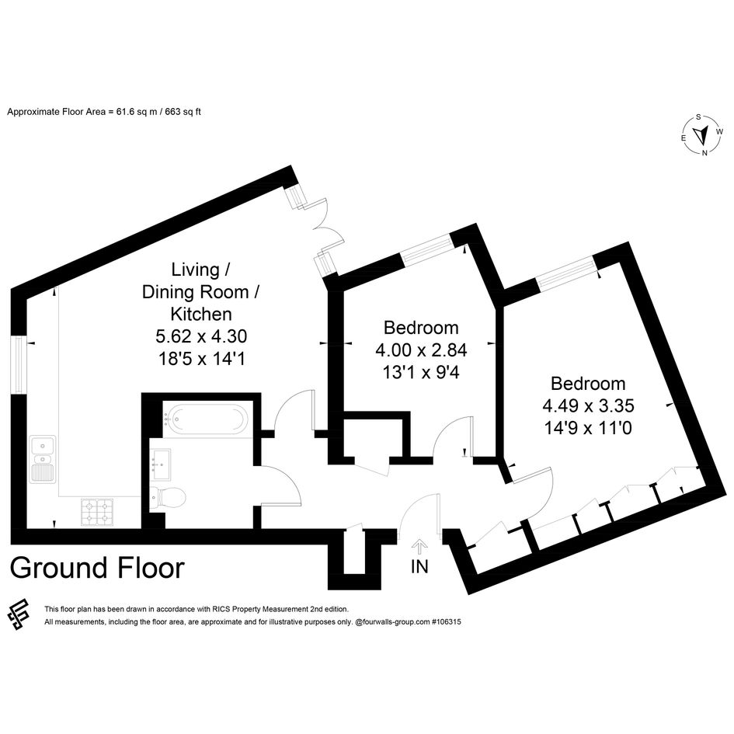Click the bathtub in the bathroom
pyautogui.click(x=206, y=419)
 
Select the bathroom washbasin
pyautogui.click(x=160, y=464)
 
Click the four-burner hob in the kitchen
pyautogui.click(x=97, y=512)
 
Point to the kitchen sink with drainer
pyautogui.click(x=43, y=459)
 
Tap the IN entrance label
pyautogui.click(x=419, y=567)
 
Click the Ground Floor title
pyautogui.click(x=97, y=568)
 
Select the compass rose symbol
pyautogui.click(x=701, y=135)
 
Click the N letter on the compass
pyautogui.click(x=704, y=152)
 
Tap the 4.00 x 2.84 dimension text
pyautogui.click(x=421, y=350)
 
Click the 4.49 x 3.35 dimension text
pyautogui.click(x=588, y=406)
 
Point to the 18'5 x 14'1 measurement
pyautogui.click(x=201, y=359)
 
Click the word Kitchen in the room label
pyautogui.click(x=201, y=314)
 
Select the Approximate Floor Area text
pyautogui.click(x=104, y=112)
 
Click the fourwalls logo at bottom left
pyautogui.click(x=19, y=614)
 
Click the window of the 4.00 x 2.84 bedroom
pyautogui.click(x=427, y=249)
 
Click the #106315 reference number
pyautogui.click(x=446, y=622)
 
